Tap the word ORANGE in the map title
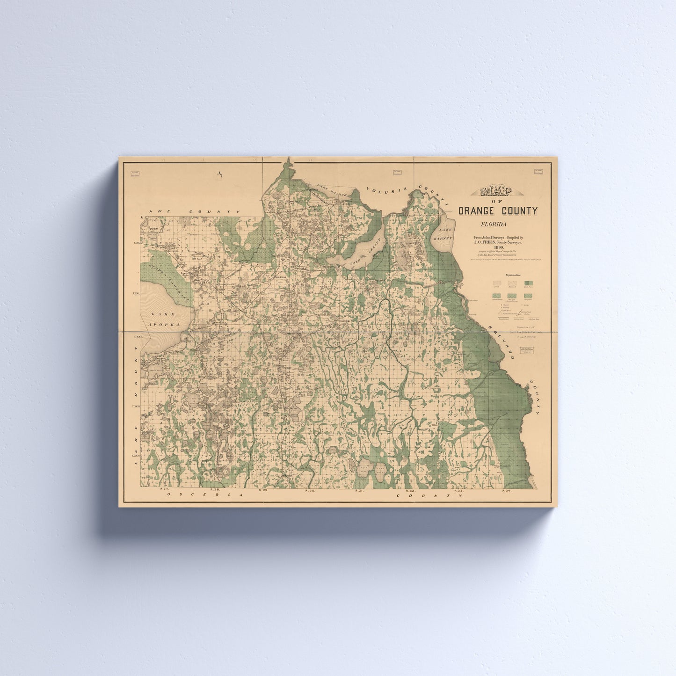pos(479,211)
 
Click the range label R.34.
pos(506,490)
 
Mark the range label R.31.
pos(359,490)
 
